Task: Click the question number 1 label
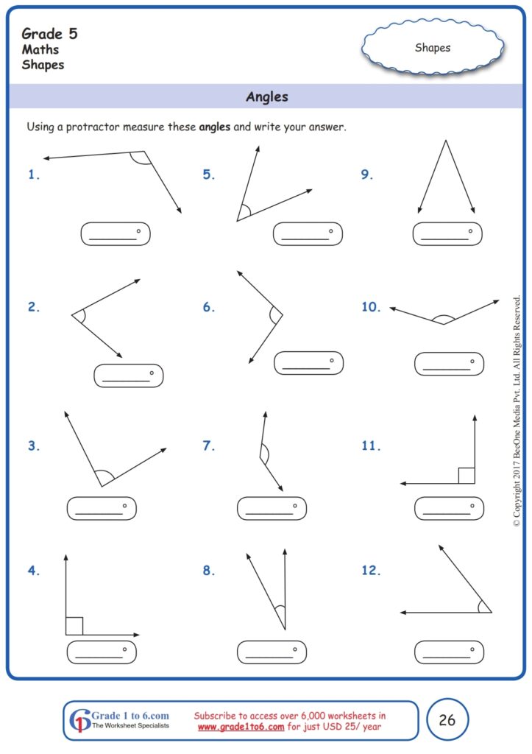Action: (x=33, y=175)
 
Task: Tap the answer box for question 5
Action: (x=308, y=234)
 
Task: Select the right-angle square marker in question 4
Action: (x=74, y=626)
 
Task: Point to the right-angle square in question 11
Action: (x=466, y=475)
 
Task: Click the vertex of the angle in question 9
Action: (x=444, y=141)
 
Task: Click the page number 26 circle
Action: (x=447, y=720)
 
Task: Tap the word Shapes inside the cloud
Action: (x=433, y=48)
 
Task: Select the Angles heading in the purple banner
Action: (x=266, y=96)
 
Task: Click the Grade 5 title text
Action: (x=49, y=33)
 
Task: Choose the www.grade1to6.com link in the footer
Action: (x=241, y=727)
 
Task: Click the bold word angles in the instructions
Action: (x=215, y=127)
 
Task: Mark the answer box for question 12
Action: (x=449, y=652)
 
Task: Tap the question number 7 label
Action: (x=209, y=445)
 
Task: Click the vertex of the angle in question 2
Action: (x=72, y=315)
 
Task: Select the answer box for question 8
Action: (x=272, y=652)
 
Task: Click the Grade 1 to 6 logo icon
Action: (x=79, y=720)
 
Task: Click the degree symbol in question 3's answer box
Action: (x=125, y=506)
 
